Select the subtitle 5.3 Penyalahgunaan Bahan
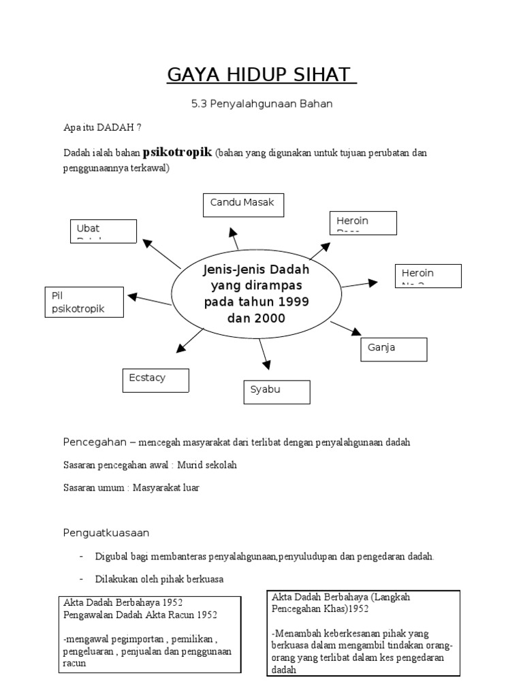[x=261, y=104]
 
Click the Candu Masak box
[x=243, y=205]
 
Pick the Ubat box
[x=103, y=231]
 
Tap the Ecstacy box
[x=155, y=380]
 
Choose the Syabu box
[x=276, y=392]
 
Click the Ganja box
[x=394, y=349]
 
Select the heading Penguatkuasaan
[x=106, y=532]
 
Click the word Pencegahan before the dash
[x=95, y=442]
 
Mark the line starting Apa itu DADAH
[x=102, y=127]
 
